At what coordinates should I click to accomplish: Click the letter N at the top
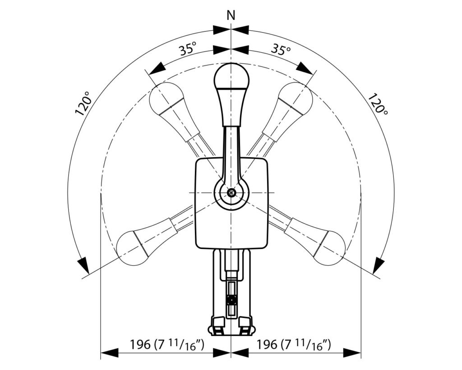click(231, 15)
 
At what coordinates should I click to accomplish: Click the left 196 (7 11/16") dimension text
click(167, 344)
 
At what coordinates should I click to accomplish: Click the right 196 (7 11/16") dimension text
click(294, 344)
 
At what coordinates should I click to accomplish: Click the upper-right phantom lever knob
click(295, 98)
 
